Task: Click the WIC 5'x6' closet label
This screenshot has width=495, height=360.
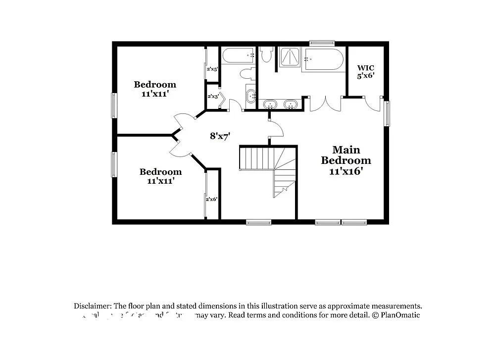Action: pos(366,71)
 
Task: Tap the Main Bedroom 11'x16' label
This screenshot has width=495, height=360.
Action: pos(346,160)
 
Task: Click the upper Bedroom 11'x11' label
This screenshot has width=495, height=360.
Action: pos(155,89)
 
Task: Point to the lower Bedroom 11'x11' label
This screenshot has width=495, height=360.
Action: pos(160,176)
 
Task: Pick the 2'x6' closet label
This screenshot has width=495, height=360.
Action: pos(212,199)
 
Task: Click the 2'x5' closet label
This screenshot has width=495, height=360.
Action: pos(212,69)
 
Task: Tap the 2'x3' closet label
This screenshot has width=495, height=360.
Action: pos(213,96)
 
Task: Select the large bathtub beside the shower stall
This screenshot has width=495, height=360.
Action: pos(324,60)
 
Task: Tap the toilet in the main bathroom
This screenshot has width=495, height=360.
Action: pos(267,54)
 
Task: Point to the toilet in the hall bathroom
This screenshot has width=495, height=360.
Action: pos(247,74)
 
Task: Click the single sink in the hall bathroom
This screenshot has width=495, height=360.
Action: pos(251,95)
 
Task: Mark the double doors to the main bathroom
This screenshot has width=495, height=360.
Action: pos(325,103)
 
